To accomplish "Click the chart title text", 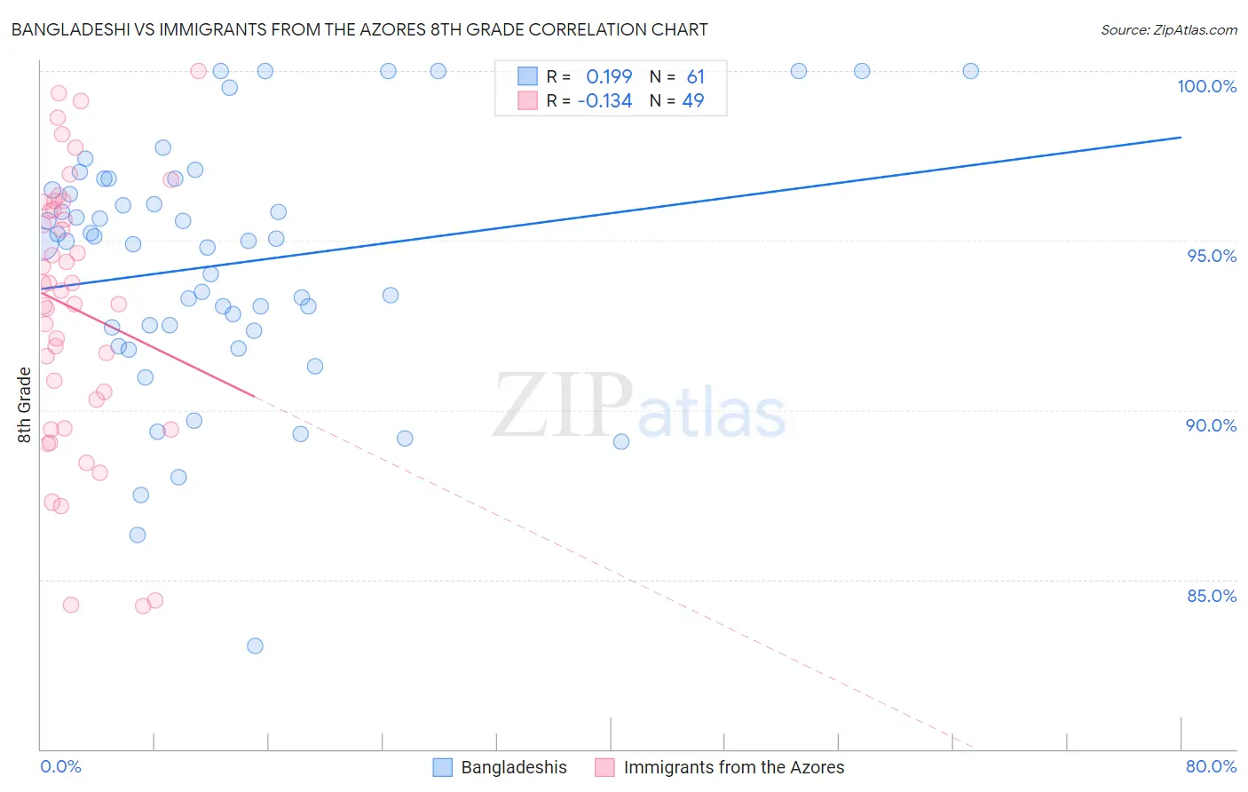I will click(359, 29).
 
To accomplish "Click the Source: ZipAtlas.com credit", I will click(1168, 29).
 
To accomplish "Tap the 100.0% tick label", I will click(1206, 86).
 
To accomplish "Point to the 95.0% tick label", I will click(1212, 256).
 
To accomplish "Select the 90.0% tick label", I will click(1211, 425).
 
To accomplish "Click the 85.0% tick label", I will click(1212, 596).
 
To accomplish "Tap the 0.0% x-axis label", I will click(60, 766).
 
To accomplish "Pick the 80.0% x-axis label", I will click(1211, 766).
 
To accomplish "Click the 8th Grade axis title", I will click(24, 404).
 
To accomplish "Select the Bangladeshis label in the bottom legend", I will click(514, 767).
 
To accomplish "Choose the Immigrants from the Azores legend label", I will click(734, 767).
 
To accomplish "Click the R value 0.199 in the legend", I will click(609, 77).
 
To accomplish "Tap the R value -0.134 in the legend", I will click(604, 101).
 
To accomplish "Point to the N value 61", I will click(695, 77).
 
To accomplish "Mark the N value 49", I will click(692, 101).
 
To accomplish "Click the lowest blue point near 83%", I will click(255, 645).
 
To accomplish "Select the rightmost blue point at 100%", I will click(970, 71).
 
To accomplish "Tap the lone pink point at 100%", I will click(199, 71).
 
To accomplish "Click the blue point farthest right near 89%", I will click(621, 441).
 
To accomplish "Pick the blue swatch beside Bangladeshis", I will click(443, 767).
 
